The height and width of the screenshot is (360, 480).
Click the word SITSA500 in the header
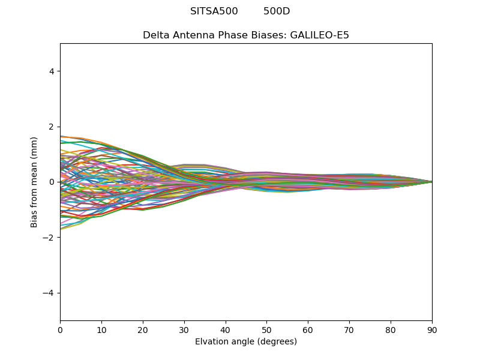pyautogui.click(x=214, y=11)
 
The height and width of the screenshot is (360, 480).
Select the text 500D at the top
pyautogui.click(x=277, y=11)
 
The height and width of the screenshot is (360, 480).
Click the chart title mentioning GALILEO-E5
pyautogui.click(x=246, y=35)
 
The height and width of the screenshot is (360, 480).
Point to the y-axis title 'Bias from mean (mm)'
pyautogui.click(x=34, y=182)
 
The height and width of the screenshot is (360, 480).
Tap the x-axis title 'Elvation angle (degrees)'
pyautogui.click(x=246, y=341)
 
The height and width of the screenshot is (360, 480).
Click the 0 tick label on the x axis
pyautogui.click(x=60, y=329)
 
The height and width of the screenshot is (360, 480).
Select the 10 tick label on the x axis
pyautogui.click(x=101, y=329)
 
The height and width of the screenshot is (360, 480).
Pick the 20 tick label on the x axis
pyautogui.click(x=143, y=329)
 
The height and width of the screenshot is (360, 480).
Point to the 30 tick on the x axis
pyautogui.click(x=184, y=329)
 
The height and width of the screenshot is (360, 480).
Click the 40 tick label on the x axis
pyautogui.click(x=226, y=329)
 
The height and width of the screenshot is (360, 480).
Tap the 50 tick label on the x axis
pyautogui.click(x=266, y=329)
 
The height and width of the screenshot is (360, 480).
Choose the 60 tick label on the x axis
pyautogui.click(x=308, y=329)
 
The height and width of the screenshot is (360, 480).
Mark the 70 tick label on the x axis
pyautogui.click(x=349, y=329)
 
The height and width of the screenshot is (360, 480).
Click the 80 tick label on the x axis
pyautogui.click(x=391, y=329)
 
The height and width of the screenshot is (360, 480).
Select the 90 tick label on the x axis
pyautogui.click(x=432, y=329)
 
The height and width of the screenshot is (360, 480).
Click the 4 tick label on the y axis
pyautogui.click(x=52, y=71)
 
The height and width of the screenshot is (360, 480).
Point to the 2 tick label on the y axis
pyautogui.click(x=52, y=127)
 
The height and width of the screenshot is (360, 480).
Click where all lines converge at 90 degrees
pyautogui.click(x=431, y=182)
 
